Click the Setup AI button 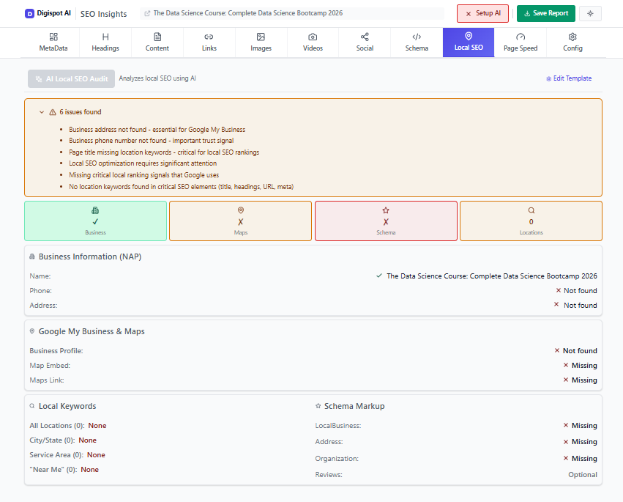point(482,13)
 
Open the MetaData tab point(53,43)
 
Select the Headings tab point(105,43)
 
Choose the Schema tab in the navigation point(417,43)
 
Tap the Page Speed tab point(521,43)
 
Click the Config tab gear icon point(572,37)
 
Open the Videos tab point(313,43)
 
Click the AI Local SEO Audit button point(71,78)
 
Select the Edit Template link point(569,78)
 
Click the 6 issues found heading point(81,112)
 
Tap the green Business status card point(95,221)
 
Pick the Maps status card point(240,221)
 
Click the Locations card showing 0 point(531,221)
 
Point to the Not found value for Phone point(580,291)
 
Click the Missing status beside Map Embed point(583,366)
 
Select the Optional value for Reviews point(583,475)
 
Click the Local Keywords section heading point(67,406)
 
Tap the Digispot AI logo point(48,13)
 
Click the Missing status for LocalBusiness point(583,426)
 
